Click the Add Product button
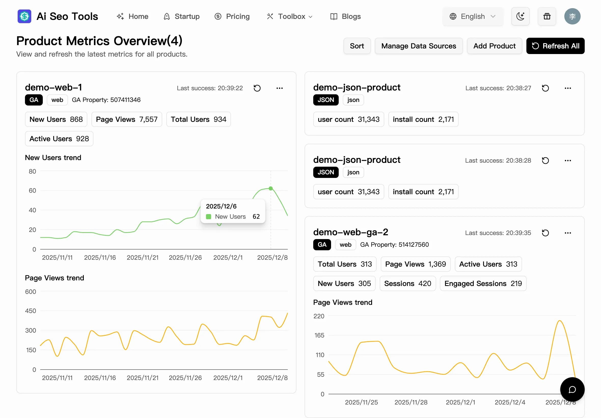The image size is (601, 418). (494, 46)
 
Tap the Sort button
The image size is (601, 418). (357, 46)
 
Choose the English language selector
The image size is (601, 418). (472, 16)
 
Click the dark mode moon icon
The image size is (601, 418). (520, 16)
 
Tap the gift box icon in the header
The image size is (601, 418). (547, 16)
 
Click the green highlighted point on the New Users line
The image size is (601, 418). (270, 188)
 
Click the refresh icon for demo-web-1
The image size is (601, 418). (257, 88)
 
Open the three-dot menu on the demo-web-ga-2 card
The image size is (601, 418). (567, 233)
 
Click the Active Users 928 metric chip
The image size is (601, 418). (59, 139)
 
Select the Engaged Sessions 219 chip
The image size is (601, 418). (483, 283)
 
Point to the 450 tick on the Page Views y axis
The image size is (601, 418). (31, 311)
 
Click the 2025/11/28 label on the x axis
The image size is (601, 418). (411, 402)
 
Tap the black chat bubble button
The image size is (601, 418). (572, 389)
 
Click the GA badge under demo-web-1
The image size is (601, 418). (34, 100)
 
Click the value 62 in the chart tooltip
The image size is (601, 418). (256, 217)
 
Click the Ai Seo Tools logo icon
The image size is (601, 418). (24, 16)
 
